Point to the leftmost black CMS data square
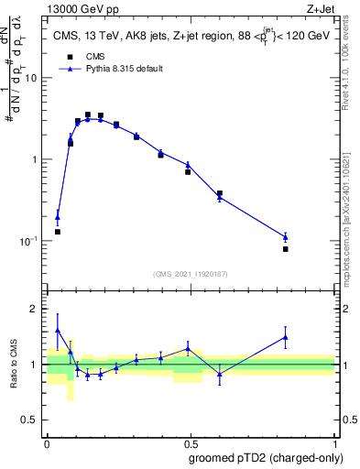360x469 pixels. tap(58, 232)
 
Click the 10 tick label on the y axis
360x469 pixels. tap(31, 78)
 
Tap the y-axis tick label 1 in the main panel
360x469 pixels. tap(35, 159)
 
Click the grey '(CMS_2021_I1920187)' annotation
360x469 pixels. tap(191, 274)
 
